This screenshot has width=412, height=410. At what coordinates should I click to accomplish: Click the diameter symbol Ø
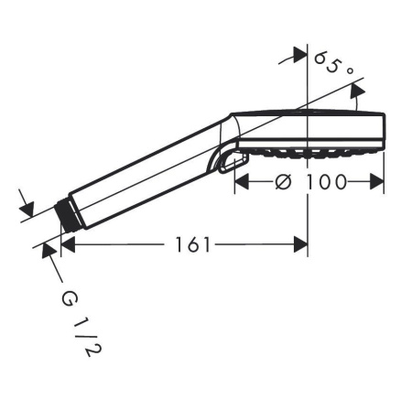coord(283,181)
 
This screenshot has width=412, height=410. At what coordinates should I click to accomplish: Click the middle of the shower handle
coord(146,174)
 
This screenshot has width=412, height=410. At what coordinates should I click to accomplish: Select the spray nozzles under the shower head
coord(307,148)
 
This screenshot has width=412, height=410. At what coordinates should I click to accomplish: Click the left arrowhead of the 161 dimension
coord(67,245)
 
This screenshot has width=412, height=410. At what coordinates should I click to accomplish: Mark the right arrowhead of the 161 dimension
coord(300,245)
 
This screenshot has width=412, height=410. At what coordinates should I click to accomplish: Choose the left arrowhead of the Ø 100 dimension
coord(242,181)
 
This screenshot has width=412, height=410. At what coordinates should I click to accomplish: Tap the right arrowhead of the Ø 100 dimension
coord(377,181)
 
